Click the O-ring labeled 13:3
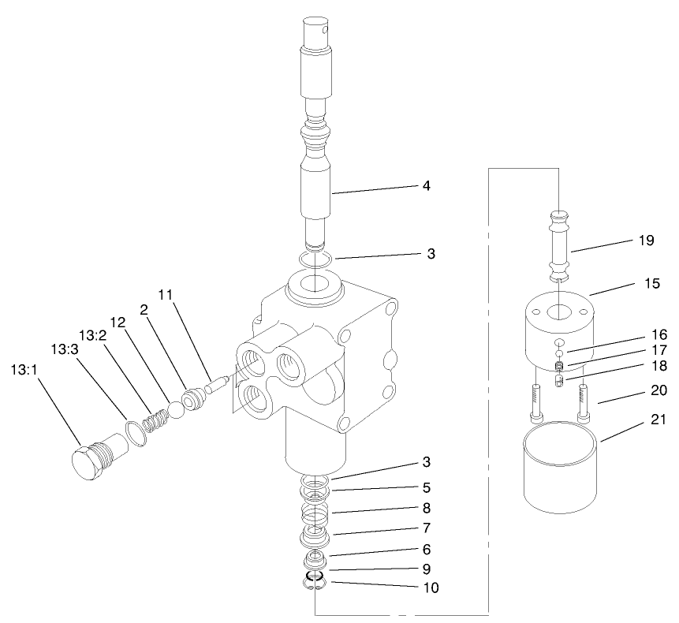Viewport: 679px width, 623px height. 136,432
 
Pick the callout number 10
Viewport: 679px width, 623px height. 431,587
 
